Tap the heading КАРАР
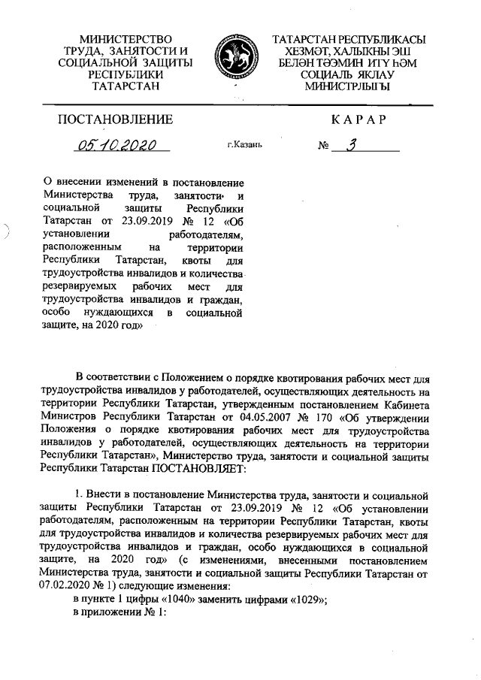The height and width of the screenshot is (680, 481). [358, 119]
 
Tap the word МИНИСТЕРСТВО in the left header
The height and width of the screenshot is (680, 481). [125, 38]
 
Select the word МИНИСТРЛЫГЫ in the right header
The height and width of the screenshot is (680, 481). [346, 86]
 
